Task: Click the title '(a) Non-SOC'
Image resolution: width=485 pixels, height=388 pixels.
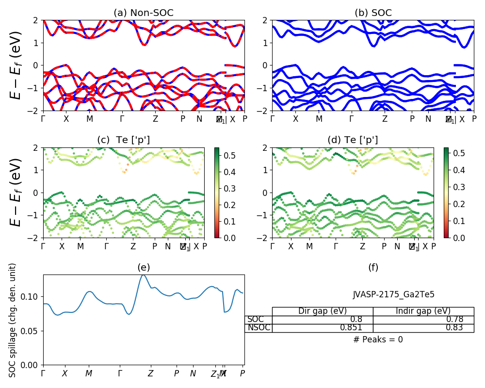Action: (144, 13)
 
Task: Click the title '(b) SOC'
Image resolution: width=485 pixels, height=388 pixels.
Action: (373, 13)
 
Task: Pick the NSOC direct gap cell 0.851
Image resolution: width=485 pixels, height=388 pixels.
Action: (358, 328)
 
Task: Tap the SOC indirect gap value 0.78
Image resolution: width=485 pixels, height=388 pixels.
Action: (454, 320)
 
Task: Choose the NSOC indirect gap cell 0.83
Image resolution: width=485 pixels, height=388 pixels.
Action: (454, 328)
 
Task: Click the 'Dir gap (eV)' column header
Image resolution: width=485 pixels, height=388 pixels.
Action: (323, 311)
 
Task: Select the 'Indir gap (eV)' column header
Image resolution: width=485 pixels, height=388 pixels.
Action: (423, 311)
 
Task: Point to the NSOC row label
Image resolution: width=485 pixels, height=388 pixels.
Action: (259, 328)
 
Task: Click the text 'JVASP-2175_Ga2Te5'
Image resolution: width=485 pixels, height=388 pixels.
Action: (393, 294)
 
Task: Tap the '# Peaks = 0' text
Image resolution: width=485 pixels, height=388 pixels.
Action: (378, 340)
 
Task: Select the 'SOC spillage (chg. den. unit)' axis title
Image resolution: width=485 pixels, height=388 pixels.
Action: (13, 320)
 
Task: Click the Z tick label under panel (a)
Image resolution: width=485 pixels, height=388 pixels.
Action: (155, 119)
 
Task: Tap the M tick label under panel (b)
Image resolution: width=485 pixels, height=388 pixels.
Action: (319, 119)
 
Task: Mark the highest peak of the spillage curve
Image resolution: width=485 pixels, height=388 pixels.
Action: (143, 275)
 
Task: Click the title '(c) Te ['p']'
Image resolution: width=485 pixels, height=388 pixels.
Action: (124, 140)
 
